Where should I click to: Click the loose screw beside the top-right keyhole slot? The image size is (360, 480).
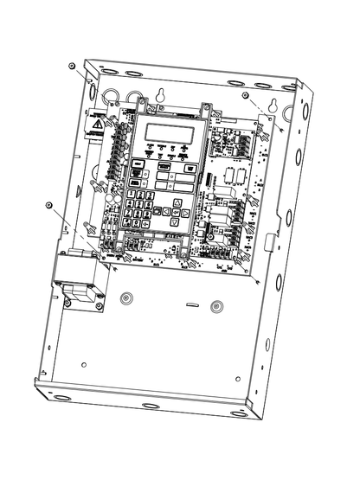pos(246,94)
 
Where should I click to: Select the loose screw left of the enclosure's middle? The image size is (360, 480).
pos(49,205)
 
